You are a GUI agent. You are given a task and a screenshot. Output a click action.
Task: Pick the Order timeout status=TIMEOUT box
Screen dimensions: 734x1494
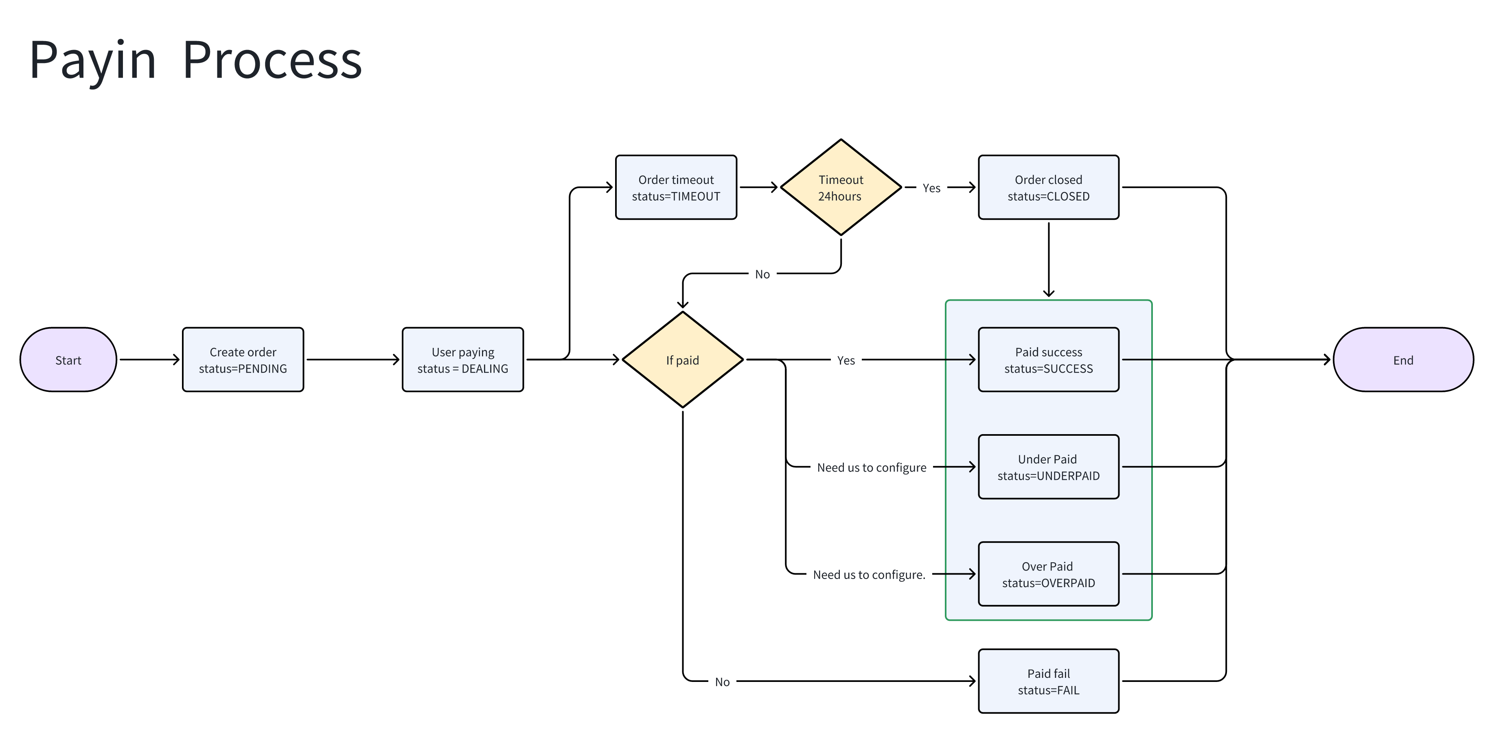click(676, 187)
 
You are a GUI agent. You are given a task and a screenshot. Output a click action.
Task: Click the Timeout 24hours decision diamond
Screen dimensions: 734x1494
click(840, 187)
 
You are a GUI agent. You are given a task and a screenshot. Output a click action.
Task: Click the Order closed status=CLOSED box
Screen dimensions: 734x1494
click(1048, 187)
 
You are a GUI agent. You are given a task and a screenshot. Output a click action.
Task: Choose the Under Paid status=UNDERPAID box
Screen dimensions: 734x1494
click(1048, 467)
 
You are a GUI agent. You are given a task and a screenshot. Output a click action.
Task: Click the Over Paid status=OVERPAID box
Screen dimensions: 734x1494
click(1048, 574)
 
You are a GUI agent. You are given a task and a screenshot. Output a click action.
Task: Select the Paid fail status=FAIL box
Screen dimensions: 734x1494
click(1048, 681)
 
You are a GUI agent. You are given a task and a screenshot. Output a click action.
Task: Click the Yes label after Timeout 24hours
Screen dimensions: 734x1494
click(931, 188)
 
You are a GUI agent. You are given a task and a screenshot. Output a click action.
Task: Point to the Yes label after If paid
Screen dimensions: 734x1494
click(846, 360)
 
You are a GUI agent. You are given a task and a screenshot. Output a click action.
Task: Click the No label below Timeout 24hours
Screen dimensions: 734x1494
click(762, 274)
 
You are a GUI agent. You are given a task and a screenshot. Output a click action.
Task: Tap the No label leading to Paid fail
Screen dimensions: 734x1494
click(722, 682)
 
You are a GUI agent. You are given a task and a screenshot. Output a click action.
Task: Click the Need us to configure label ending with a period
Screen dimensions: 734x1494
click(869, 575)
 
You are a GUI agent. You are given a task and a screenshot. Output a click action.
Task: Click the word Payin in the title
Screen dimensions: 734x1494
click(93, 60)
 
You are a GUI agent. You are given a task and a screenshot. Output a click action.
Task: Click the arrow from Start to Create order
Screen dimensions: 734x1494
click(149, 359)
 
